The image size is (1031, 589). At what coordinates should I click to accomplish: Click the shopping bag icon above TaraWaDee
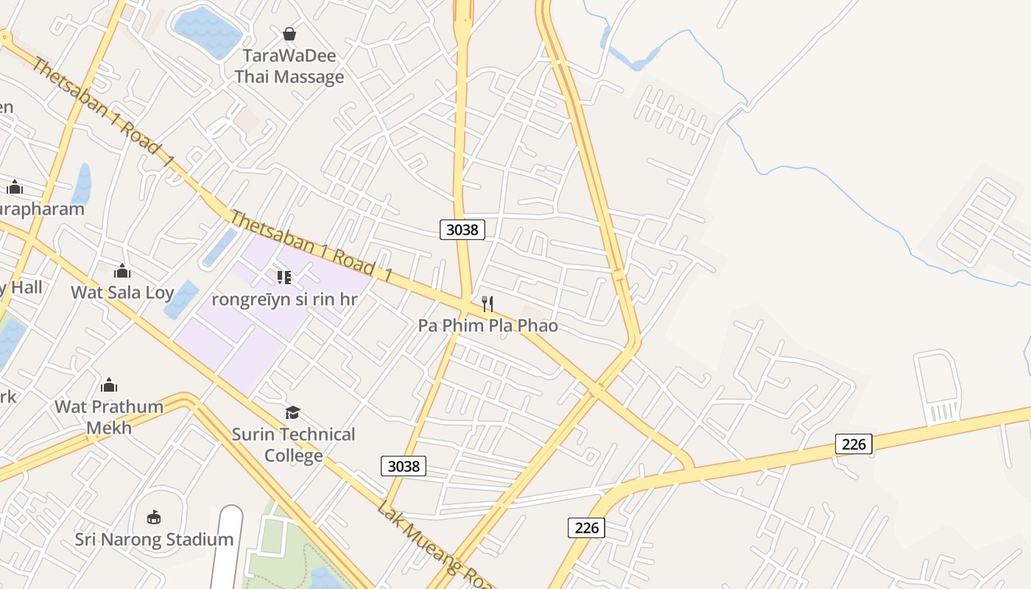[289, 34]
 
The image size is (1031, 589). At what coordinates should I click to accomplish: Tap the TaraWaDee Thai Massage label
[289, 66]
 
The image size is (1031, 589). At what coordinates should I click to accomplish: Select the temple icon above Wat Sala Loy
[122, 272]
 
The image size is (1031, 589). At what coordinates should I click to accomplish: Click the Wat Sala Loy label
[122, 292]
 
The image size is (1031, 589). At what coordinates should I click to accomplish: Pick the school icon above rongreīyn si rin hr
[284, 278]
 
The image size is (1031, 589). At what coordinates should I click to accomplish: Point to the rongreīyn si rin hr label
[284, 300]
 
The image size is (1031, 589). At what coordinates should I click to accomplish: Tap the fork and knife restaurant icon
[487, 303]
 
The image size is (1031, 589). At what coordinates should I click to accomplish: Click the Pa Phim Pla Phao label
[488, 325]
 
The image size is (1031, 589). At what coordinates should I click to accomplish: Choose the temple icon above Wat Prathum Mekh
[109, 385]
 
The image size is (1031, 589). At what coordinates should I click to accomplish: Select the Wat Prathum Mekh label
[109, 417]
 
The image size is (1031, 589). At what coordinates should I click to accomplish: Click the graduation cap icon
[293, 412]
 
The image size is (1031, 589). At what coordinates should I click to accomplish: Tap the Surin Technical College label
[293, 445]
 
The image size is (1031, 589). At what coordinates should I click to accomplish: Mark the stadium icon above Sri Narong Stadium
[154, 518]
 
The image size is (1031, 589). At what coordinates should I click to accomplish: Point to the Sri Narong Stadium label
[154, 540]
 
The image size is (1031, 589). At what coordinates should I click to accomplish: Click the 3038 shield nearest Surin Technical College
[404, 466]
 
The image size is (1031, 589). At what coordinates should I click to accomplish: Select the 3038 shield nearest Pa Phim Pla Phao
[462, 230]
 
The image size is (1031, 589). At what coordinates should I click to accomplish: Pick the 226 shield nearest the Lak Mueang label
[586, 527]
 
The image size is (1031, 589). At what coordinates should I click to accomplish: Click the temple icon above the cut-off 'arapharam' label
[15, 188]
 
